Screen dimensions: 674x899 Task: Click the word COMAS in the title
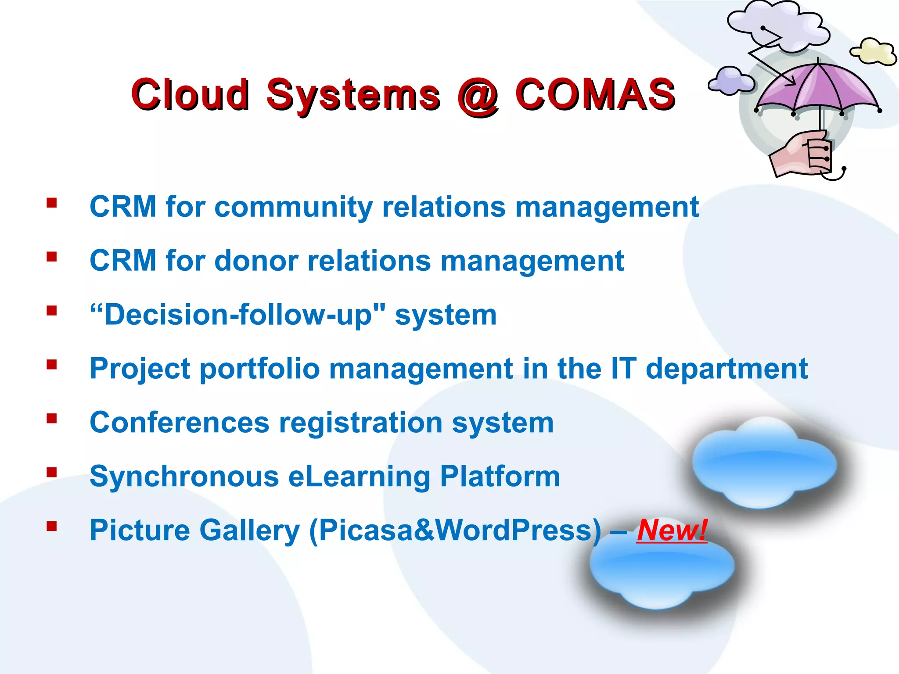click(595, 94)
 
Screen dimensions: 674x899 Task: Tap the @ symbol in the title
click(478, 96)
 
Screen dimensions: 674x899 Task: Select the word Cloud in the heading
click(190, 94)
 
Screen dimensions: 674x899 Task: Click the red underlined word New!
click(672, 530)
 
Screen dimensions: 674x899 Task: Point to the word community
click(293, 207)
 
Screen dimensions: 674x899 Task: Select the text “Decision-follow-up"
click(237, 315)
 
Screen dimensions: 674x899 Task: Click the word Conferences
click(179, 423)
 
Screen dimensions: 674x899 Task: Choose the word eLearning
click(359, 477)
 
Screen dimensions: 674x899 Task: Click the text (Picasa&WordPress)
click(455, 531)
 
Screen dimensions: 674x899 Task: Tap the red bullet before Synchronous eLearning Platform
click(52, 472)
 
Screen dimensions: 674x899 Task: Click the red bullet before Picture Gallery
click(52, 526)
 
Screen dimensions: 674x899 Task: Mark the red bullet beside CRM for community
click(52, 203)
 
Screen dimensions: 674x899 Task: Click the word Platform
click(500, 477)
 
